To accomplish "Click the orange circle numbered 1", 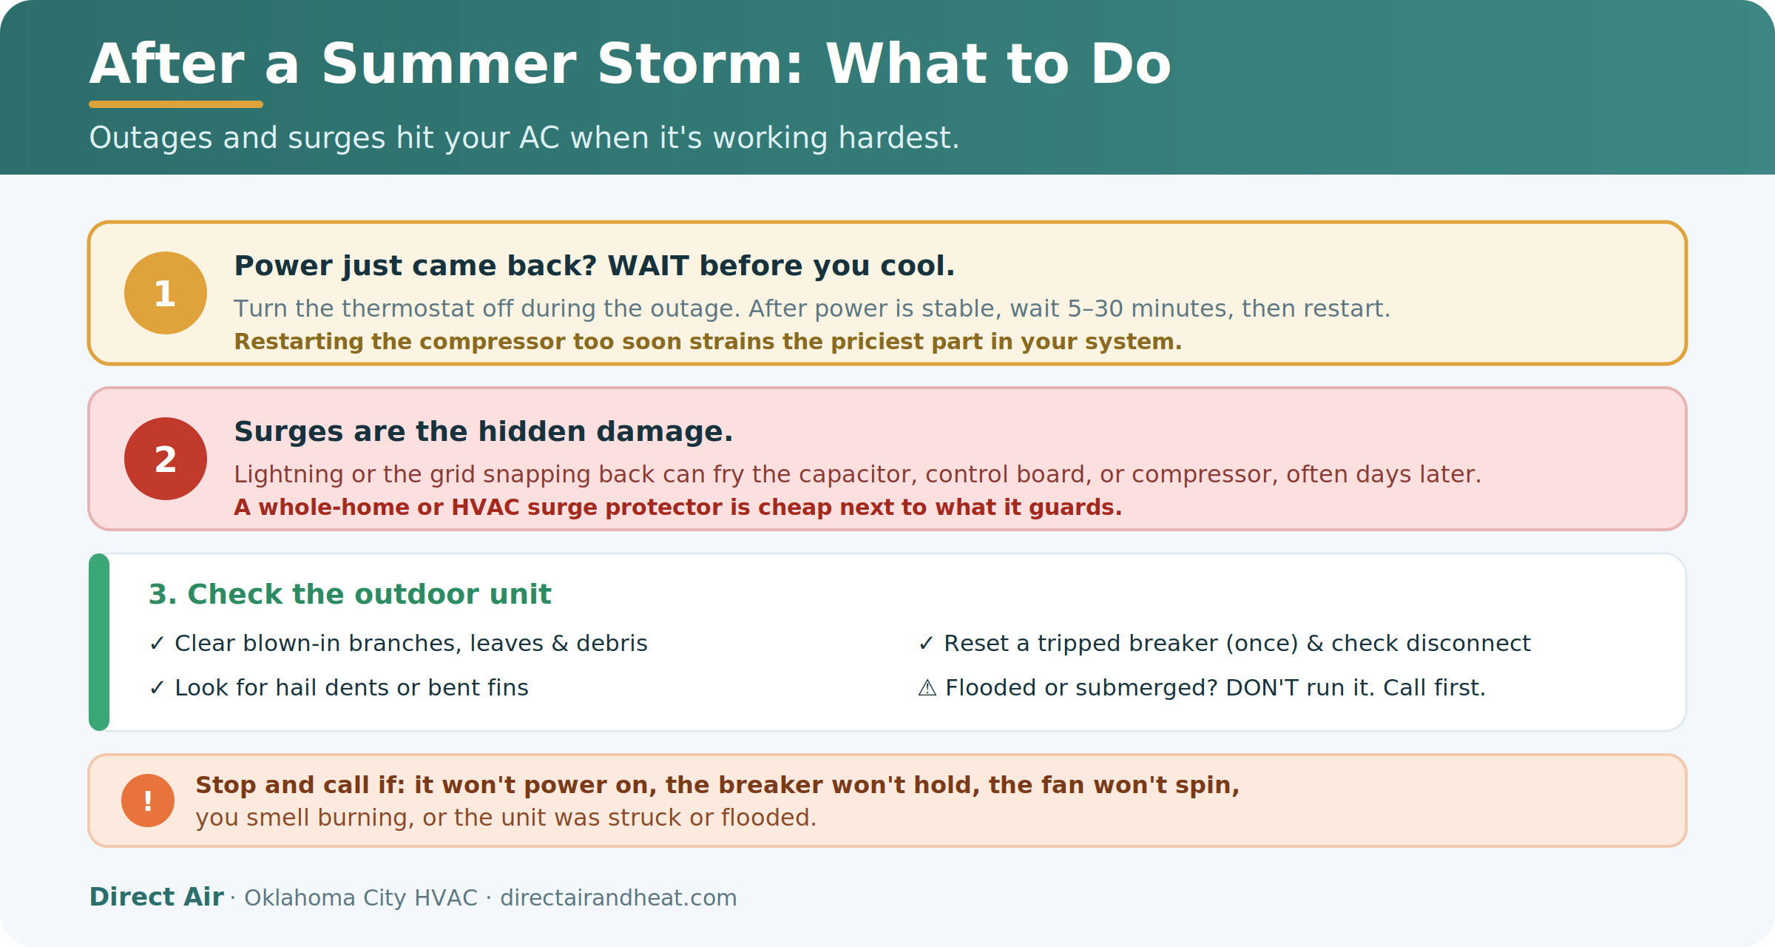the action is point(166,293).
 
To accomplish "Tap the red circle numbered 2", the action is point(166,459).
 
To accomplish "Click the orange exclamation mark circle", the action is point(148,801).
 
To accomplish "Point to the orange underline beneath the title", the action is point(176,104).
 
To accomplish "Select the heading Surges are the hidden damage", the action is point(484,431).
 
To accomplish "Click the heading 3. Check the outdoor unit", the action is point(350,594).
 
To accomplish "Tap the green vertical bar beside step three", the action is point(99,642).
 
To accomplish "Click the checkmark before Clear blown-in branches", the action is point(157,644).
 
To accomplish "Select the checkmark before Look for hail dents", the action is point(157,688).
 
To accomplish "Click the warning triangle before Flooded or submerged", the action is point(927,688).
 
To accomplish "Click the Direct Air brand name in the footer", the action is point(156,897).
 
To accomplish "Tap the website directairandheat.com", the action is point(618,897).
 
